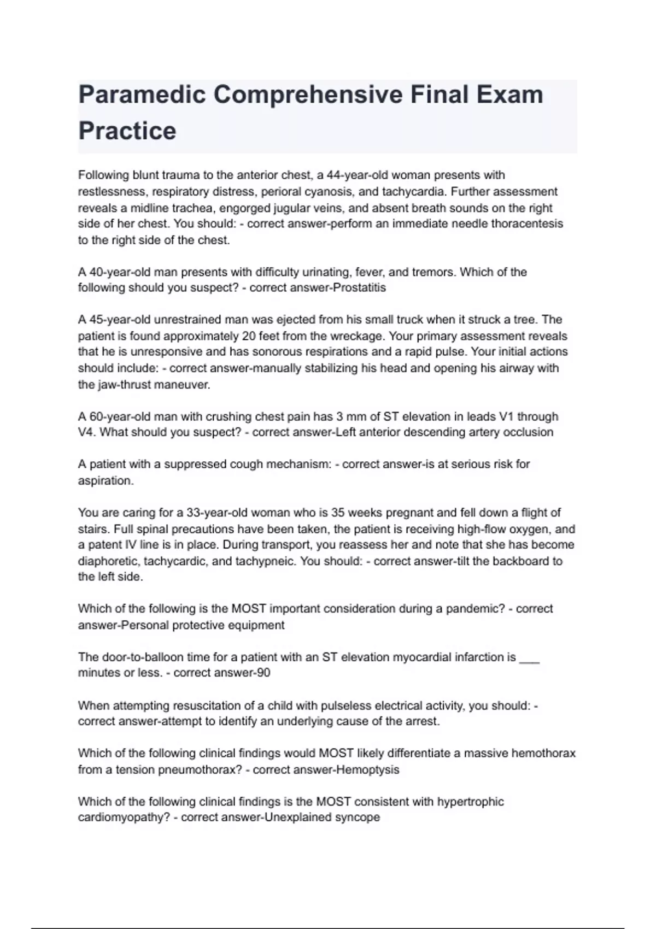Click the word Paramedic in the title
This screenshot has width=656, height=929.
141,95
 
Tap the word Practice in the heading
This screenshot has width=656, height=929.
127,131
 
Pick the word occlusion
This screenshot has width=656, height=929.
526,432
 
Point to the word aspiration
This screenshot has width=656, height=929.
106,481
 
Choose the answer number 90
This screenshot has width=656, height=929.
263,673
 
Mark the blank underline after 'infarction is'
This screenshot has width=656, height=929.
529,659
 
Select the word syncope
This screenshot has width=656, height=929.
358,818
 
